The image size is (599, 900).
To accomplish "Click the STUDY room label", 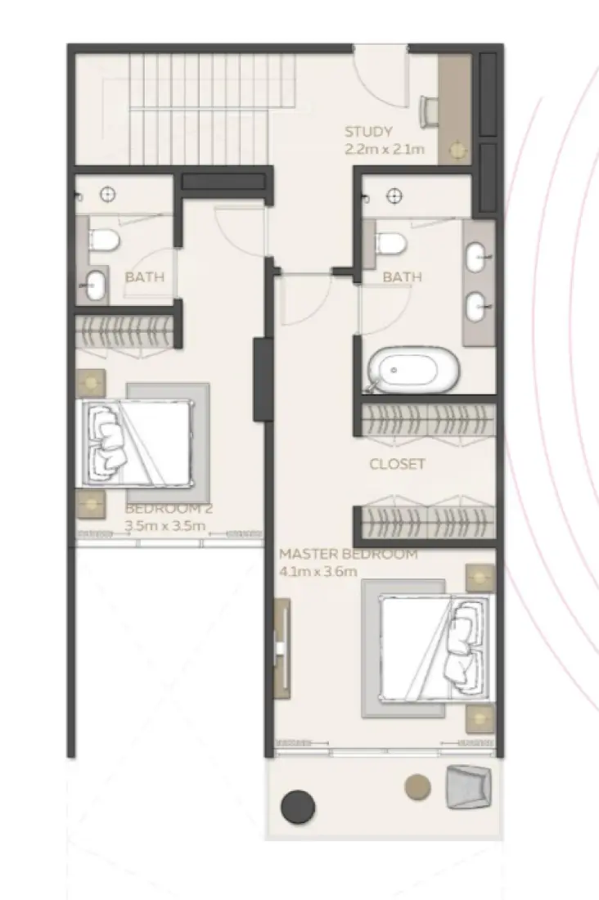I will (x=368, y=132).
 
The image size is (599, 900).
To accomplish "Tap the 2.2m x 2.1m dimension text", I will (x=385, y=149).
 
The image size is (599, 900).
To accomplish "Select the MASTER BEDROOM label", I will (x=348, y=554).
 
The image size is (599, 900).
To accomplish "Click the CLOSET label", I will (x=397, y=464).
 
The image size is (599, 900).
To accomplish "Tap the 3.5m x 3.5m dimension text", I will (x=164, y=526).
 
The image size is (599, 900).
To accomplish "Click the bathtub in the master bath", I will (x=414, y=370).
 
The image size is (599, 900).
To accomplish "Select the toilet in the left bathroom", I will (x=105, y=239).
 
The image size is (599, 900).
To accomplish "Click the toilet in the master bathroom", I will (x=391, y=243).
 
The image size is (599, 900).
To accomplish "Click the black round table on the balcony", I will (x=298, y=806).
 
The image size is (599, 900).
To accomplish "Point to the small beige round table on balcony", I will (x=417, y=786).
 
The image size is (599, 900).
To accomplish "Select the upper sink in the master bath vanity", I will (x=477, y=260).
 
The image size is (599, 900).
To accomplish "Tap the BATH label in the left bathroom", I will (x=144, y=277).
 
